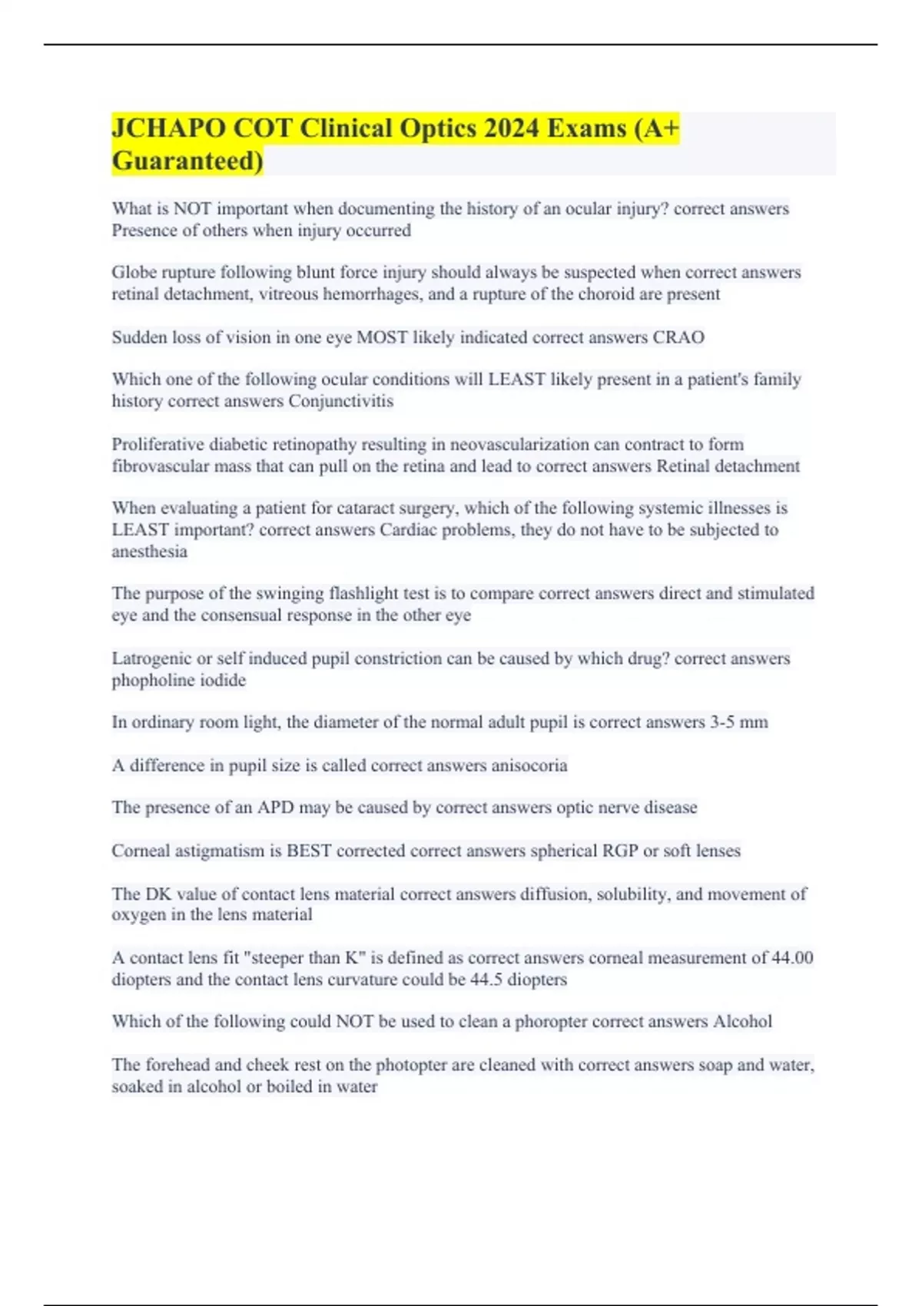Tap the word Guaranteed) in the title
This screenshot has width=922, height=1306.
coord(187,161)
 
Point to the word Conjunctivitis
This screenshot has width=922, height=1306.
coord(340,401)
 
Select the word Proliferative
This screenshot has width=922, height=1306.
coord(158,444)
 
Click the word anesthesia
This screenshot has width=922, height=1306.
coord(150,552)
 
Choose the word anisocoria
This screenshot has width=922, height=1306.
coord(529,765)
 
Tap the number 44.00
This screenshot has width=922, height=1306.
coord(792,958)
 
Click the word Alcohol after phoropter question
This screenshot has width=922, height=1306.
coord(742,1022)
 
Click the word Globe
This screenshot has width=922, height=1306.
coord(133,273)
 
